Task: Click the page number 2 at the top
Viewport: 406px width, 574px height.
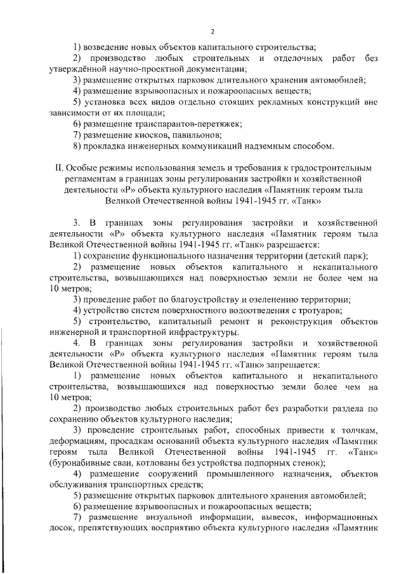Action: pyautogui.click(x=213, y=30)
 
